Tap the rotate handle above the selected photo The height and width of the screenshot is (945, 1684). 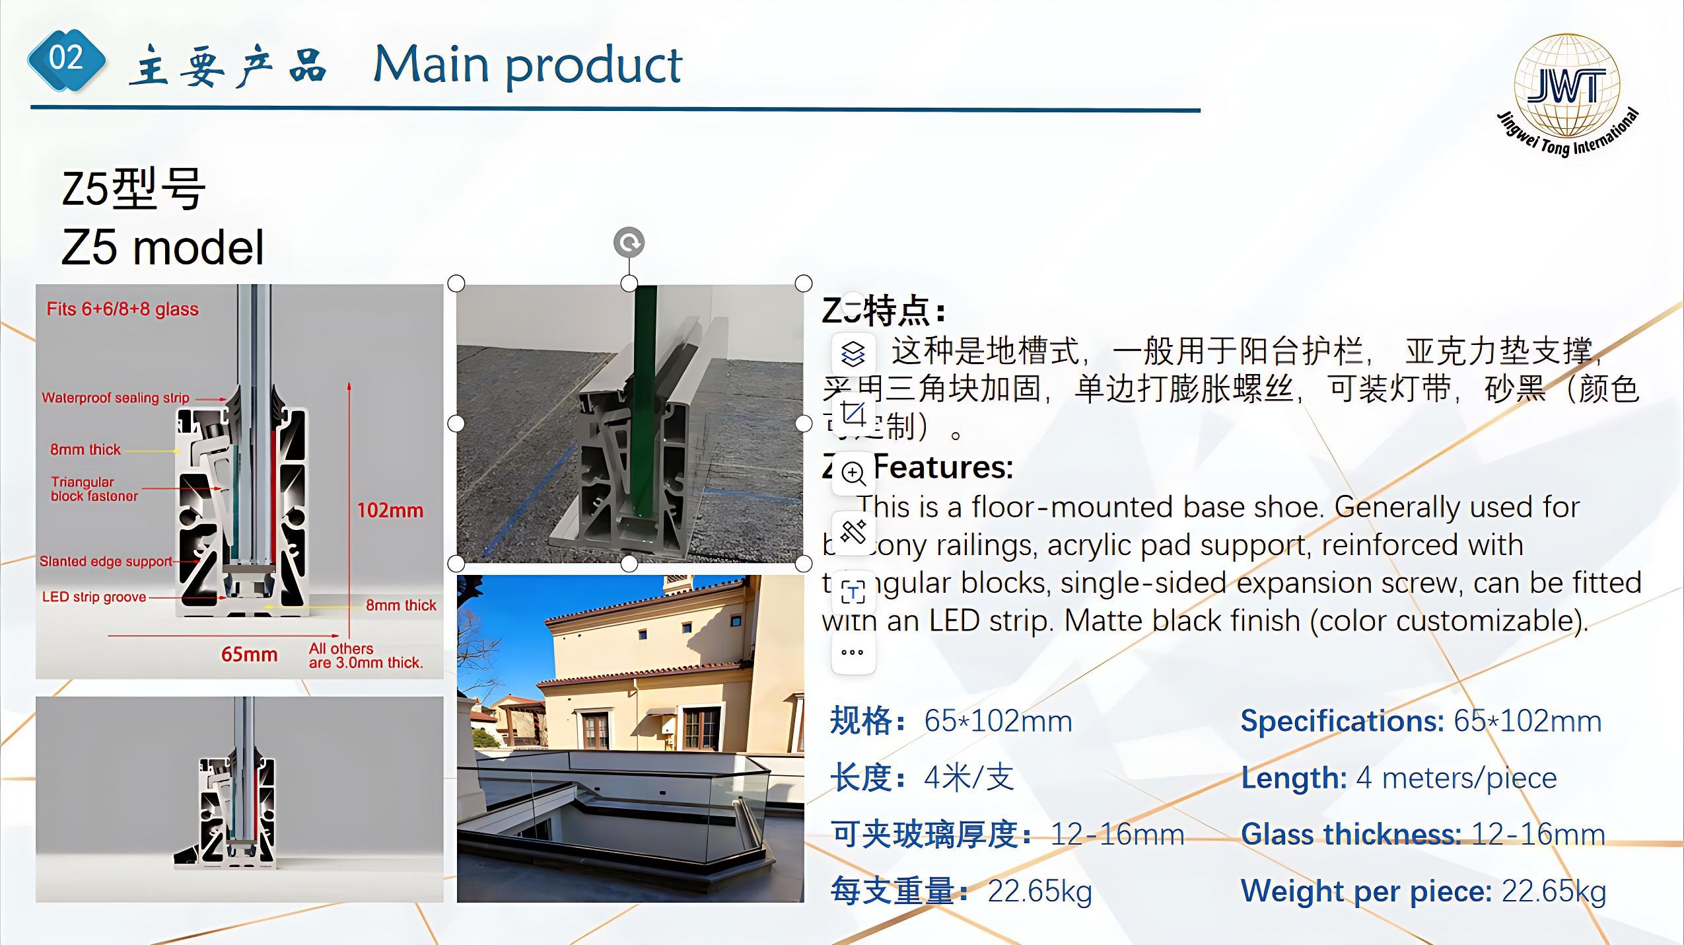(x=629, y=243)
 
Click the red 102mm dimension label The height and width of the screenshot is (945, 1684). (x=390, y=510)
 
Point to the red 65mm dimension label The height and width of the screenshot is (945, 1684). (x=249, y=654)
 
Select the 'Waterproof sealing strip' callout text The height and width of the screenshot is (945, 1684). (x=116, y=398)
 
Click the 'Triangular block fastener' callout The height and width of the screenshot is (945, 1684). (x=94, y=489)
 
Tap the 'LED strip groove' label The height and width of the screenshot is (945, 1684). (x=94, y=597)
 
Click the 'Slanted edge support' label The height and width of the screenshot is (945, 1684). (x=106, y=561)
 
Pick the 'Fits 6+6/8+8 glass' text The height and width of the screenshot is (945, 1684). (x=122, y=309)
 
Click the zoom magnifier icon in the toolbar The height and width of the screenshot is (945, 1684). (x=853, y=473)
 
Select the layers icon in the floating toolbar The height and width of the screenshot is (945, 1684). (x=853, y=354)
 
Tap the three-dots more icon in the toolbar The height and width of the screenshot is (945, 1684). (x=853, y=652)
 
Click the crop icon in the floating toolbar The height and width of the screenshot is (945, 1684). (x=853, y=414)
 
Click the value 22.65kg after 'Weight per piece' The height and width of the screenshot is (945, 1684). (x=1553, y=891)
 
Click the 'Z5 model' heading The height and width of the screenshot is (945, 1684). (x=162, y=248)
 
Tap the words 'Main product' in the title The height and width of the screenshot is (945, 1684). (x=527, y=65)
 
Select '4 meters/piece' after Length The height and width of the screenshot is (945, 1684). (x=1456, y=778)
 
